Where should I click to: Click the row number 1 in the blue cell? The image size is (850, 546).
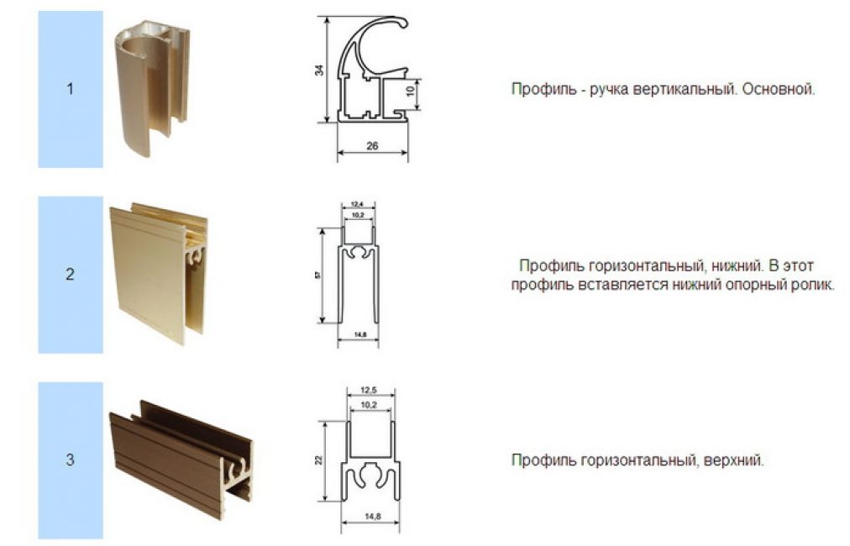point(70,89)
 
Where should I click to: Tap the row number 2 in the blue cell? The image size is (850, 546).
point(70,275)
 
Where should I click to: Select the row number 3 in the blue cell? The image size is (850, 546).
point(70,459)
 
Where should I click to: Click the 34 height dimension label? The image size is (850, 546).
point(320,70)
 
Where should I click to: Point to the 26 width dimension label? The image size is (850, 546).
point(372,146)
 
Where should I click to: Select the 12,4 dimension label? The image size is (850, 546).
point(357,204)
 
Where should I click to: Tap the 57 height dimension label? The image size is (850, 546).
point(317,276)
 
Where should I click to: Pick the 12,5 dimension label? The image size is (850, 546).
point(369,391)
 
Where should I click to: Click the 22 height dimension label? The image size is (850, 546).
point(319,460)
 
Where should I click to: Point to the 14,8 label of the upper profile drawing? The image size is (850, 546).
point(372,517)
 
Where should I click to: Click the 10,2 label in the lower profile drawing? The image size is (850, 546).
point(358,215)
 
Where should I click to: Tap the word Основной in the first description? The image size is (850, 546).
point(779,89)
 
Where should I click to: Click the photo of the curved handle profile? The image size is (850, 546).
point(152,90)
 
